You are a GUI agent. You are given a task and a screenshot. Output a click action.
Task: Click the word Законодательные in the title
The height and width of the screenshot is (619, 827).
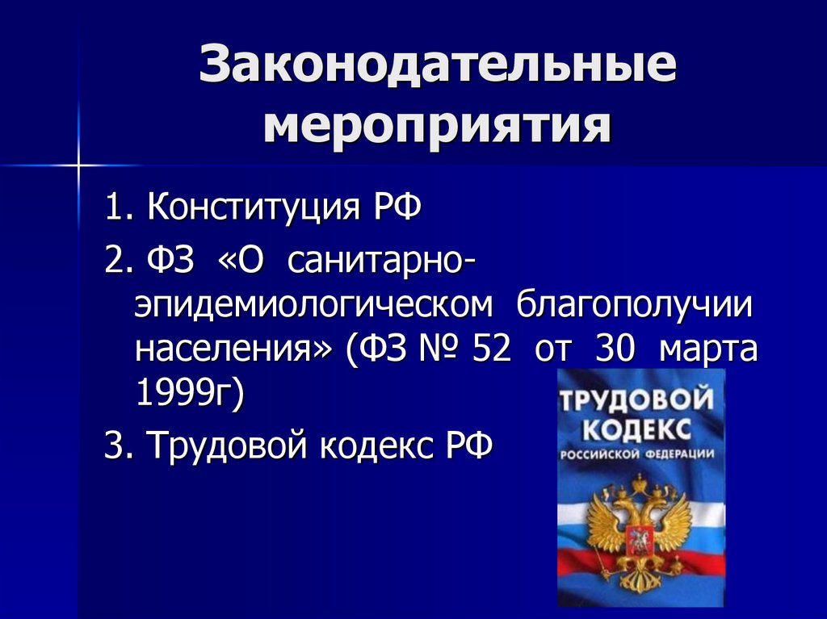437,68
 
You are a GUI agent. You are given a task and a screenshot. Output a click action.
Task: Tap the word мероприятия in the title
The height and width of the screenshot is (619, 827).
437,128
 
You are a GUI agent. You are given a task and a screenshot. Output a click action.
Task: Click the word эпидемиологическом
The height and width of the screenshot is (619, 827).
313,306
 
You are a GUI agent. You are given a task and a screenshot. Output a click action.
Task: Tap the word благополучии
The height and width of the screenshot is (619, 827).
634,306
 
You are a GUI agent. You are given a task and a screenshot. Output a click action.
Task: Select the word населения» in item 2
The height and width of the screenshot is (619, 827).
233,350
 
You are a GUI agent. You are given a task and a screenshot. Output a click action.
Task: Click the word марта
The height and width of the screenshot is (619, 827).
707,350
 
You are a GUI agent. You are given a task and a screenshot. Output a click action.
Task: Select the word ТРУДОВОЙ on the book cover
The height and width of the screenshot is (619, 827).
640,398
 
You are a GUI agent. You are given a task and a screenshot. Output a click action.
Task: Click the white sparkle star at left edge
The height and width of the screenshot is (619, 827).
79,165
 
